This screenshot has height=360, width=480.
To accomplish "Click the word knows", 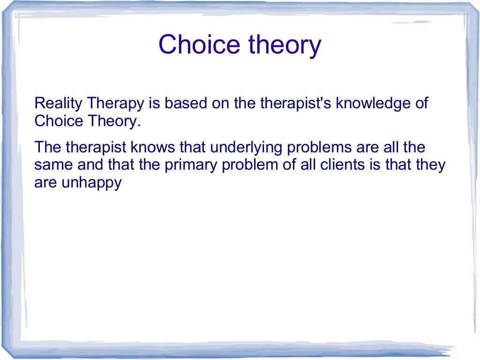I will coord(154,148).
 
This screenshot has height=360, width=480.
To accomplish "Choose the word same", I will coord(51,165).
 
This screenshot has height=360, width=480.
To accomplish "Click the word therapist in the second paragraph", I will coord(96,148).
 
